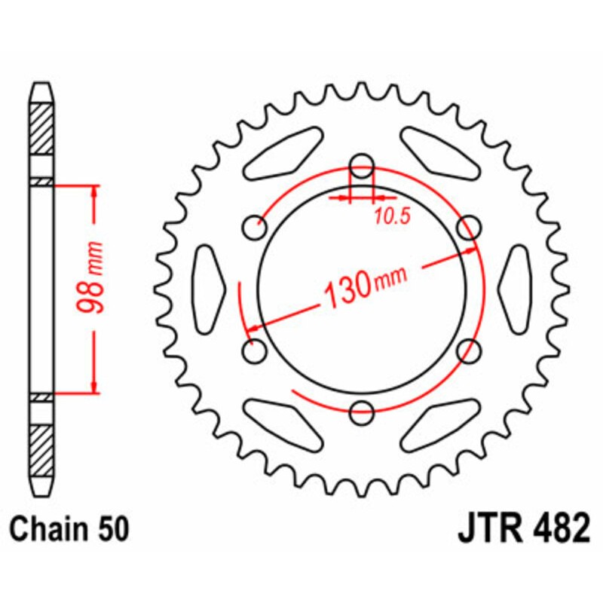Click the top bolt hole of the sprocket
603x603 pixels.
tap(363, 164)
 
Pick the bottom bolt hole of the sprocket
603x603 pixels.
tap(363, 411)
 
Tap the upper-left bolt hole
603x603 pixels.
tap(256, 226)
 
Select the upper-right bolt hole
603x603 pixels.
tap(470, 226)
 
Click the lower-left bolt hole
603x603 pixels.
tap(256, 350)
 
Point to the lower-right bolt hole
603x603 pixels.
tap(470, 350)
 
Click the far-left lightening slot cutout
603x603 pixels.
tap(210, 288)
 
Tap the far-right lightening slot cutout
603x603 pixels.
tap(517, 288)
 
